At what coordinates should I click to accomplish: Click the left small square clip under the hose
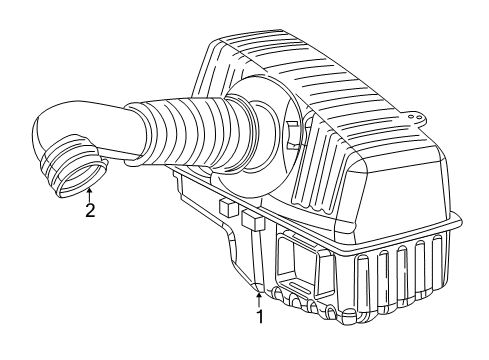(228, 209)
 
